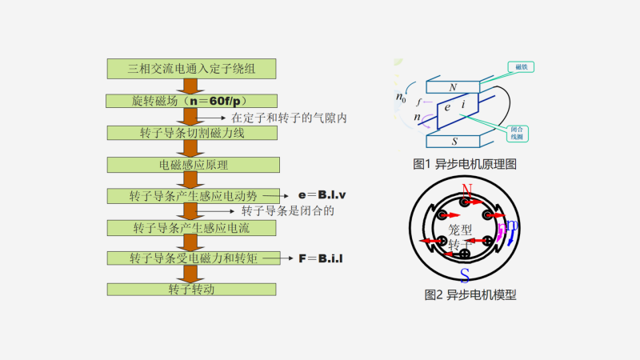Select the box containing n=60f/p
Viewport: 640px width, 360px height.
pos(192,101)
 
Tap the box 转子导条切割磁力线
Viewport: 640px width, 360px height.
pos(192,133)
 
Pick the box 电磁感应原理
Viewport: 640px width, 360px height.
pos(192,165)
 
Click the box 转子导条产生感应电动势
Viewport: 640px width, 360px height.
pos(192,195)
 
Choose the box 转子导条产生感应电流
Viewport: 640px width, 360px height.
pos(192,228)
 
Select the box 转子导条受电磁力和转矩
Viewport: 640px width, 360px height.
pos(192,258)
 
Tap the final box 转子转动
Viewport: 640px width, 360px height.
pos(192,289)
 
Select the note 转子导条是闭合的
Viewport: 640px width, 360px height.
pos(286,211)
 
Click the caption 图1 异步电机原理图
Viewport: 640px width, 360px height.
pos(465,164)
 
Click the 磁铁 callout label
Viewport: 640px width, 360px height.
pos(522,67)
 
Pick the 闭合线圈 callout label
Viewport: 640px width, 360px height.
pos(521,132)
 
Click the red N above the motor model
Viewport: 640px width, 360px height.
pos(466,190)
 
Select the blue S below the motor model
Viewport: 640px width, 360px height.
pos(465,275)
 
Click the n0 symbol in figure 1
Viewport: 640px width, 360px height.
pos(401,98)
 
